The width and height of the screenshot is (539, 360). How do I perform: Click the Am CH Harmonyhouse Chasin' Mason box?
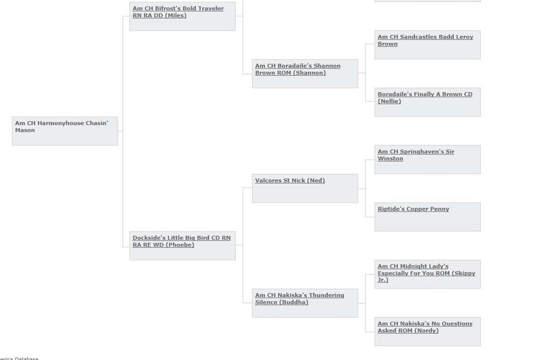(65, 131)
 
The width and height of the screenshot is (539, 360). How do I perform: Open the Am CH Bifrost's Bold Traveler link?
(178, 12)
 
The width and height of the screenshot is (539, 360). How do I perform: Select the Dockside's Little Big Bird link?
(182, 241)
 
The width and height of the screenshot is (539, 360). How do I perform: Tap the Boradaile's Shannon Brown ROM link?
(297, 69)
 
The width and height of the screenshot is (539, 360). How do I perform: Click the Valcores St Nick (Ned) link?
(290, 181)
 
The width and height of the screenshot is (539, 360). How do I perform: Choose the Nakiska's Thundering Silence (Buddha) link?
(299, 299)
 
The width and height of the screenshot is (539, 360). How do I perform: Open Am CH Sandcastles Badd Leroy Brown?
(425, 40)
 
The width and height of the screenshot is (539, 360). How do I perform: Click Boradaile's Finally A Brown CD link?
(425, 98)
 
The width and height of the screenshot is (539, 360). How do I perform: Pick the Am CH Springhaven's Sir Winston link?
(416, 155)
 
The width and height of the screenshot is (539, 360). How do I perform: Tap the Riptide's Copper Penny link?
(413, 209)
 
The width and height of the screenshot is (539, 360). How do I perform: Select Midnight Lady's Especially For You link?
(426, 273)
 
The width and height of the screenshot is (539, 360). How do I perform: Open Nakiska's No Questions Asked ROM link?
(425, 327)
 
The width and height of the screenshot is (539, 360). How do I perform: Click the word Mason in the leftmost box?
(25, 130)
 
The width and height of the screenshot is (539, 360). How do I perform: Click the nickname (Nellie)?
(389, 101)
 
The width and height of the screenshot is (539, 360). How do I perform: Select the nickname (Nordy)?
(426, 331)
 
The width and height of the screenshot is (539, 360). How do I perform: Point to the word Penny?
(439, 209)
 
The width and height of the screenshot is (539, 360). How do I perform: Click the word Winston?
(390, 158)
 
